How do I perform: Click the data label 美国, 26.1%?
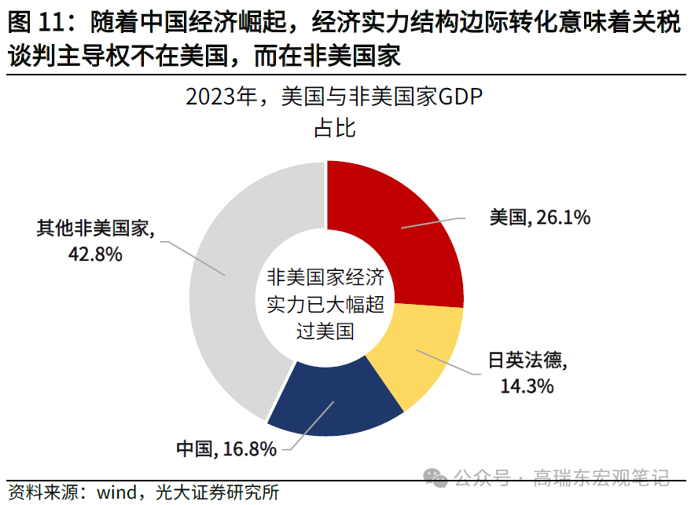click(x=539, y=218)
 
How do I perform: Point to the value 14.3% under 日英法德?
click(x=527, y=386)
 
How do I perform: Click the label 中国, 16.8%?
click(x=225, y=449)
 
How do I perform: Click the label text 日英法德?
click(x=527, y=362)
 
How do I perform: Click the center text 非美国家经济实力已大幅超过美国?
click(x=325, y=304)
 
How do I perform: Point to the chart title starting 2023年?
click(x=333, y=99)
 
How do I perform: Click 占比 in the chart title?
click(x=335, y=129)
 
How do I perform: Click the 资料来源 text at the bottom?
click(x=42, y=493)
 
